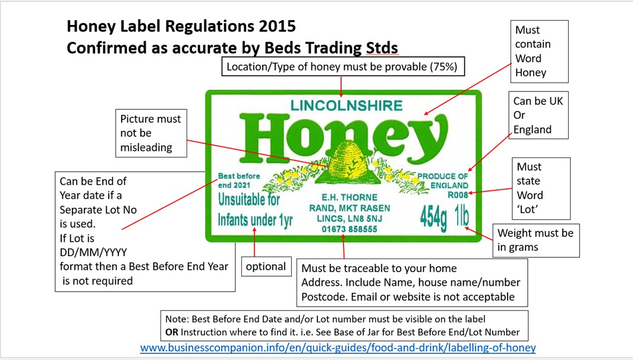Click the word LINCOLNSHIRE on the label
tap(346, 106)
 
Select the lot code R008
tap(457, 194)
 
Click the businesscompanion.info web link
tap(338, 348)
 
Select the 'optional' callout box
tap(266, 267)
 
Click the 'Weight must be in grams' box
tap(535, 240)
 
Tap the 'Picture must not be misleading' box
tap(150, 133)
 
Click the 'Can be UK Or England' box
tap(537, 115)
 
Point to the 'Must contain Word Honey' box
tap(539, 51)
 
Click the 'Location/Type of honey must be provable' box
tap(342, 67)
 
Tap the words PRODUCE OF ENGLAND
tap(443, 181)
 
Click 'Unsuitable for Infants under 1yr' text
tap(255, 210)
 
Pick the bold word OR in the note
tap(172, 332)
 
